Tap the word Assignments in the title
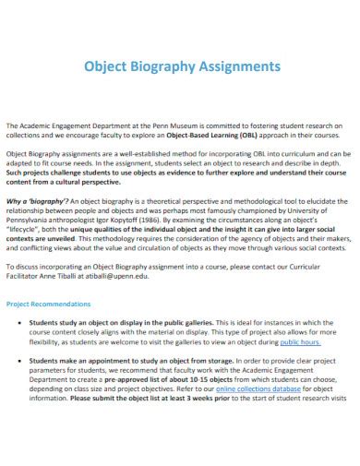[x=242, y=67]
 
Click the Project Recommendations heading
[x=48, y=303]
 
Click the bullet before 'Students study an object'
[x=20, y=323]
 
